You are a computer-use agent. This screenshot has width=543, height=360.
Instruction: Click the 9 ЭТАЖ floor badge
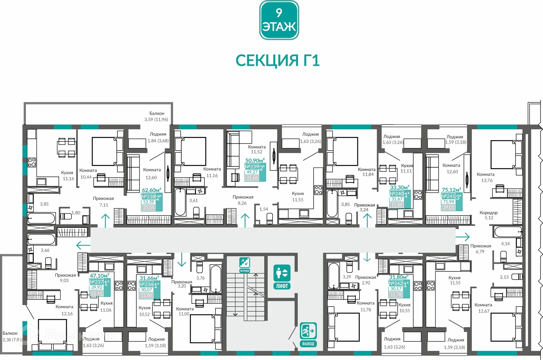[x=279, y=20]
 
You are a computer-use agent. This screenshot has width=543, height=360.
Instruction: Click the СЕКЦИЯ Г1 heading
[x=277, y=60]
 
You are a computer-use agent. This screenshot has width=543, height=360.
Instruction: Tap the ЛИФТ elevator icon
[x=282, y=277]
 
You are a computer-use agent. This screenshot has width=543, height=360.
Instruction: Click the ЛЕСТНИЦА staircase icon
[x=245, y=265]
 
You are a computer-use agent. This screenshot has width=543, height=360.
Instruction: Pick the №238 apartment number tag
[x=148, y=196]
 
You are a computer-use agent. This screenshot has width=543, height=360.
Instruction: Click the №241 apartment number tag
[x=448, y=196]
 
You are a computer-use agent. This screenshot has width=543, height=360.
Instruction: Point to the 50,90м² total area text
[x=255, y=160]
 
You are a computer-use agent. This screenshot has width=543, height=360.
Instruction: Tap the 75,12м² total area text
[x=451, y=190]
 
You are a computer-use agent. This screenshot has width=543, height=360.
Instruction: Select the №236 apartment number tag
[x=146, y=284]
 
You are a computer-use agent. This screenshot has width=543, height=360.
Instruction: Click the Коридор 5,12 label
[x=488, y=215]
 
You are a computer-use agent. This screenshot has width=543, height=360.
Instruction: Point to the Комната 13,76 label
[x=486, y=177]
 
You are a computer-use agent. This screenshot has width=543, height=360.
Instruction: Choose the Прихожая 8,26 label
[x=243, y=200]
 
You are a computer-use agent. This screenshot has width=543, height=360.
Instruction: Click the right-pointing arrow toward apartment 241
[x=463, y=237]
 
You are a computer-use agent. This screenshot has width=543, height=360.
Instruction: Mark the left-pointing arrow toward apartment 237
[x=83, y=245]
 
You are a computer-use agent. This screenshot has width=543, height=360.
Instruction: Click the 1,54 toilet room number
[x=264, y=209]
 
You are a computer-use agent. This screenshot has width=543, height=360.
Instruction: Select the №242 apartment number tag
[x=396, y=283]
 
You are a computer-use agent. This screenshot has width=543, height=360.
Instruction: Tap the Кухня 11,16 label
[x=68, y=175]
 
